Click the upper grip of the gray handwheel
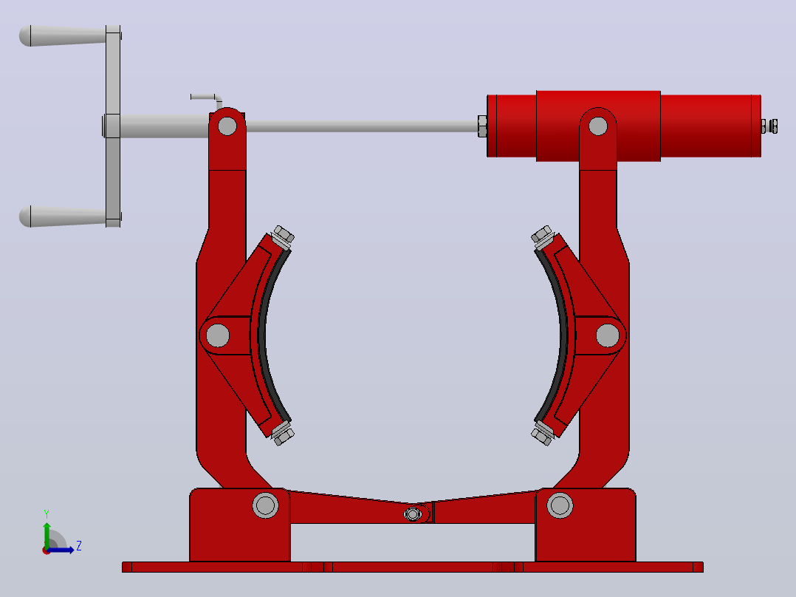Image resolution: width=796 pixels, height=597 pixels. click(x=63, y=35)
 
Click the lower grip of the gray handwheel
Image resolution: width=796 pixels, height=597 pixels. click(x=63, y=216)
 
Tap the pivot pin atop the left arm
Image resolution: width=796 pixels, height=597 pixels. click(x=227, y=126)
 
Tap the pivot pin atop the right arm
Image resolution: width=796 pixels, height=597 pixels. click(x=597, y=126)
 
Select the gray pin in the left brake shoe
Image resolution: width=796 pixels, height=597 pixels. click(x=218, y=335)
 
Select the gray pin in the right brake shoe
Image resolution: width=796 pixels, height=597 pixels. click(x=607, y=335)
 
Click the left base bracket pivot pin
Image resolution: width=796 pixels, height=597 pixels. click(x=265, y=505)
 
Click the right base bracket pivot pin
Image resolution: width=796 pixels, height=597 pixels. click(x=560, y=505)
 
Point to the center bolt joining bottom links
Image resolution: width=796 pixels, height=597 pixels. click(x=412, y=515)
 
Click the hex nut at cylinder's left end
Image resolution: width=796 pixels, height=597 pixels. click(x=481, y=126)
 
